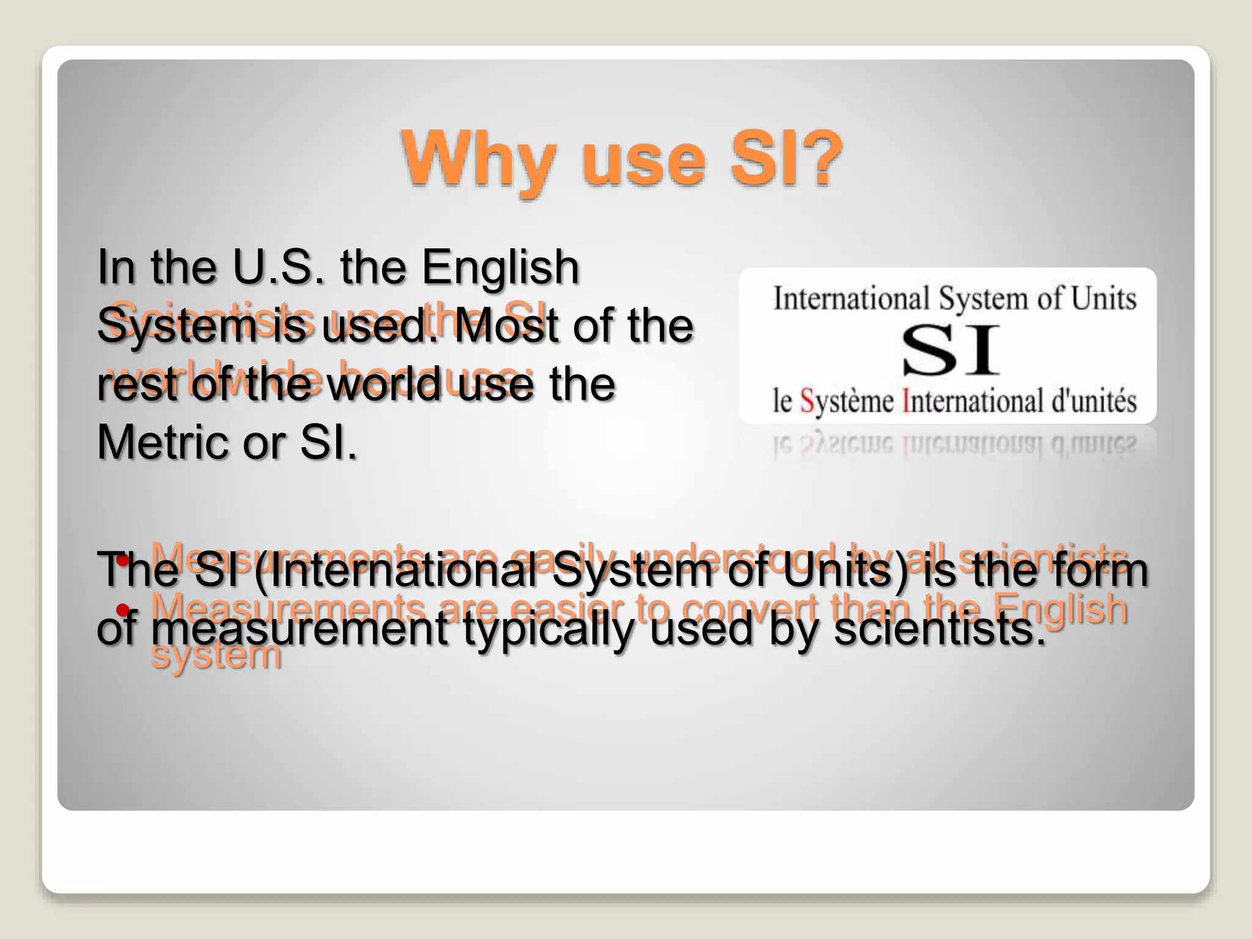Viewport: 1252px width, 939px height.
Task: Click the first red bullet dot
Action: (123, 560)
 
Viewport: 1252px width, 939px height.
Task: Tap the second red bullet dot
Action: (123, 609)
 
